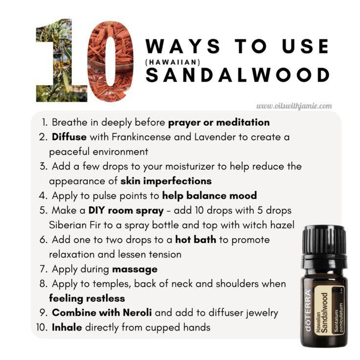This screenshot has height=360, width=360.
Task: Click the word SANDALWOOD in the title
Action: (x=238, y=75)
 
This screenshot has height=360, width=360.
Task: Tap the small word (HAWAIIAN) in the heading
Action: (x=173, y=62)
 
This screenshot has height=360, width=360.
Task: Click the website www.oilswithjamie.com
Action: (x=294, y=106)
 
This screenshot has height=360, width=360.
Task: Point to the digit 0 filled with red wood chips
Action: (x=111, y=61)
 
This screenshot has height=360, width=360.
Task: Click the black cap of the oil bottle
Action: (x=324, y=244)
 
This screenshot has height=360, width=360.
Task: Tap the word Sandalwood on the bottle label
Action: (x=324, y=313)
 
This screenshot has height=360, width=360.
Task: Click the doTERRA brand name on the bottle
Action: (x=308, y=310)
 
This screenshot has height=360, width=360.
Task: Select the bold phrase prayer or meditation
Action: (x=219, y=123)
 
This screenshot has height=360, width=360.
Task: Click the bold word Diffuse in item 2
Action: (x=69, y=137)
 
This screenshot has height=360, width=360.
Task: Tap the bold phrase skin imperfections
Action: (x=166, y=181)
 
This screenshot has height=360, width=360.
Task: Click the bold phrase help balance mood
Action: (x=209, y=196)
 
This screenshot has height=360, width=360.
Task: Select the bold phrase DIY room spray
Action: (x=126, y=210)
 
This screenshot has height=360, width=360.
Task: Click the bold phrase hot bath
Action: (x=196, y=240)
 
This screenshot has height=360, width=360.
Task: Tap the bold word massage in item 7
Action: (x=135, y=270)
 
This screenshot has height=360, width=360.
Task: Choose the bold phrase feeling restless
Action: (x=87, y=298)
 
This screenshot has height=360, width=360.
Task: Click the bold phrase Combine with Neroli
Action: (x=102, y=313)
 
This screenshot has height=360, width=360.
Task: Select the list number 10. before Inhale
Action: (x=42, y=327)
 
